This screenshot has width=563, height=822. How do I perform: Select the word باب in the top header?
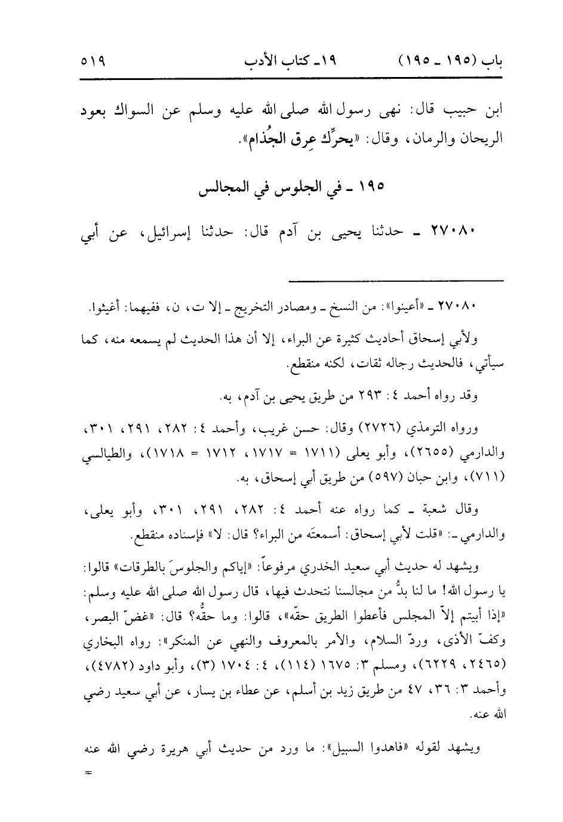click(x=490, y=62)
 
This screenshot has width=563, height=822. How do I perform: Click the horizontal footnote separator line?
click(x=396, y=279)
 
